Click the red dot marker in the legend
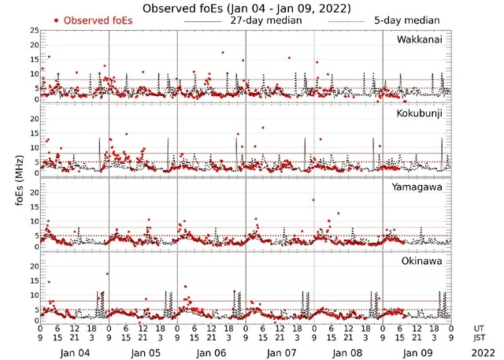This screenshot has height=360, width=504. click(56, 20)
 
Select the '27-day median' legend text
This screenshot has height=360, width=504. click(265, 20)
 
